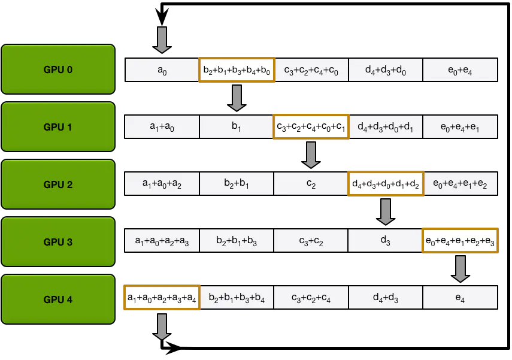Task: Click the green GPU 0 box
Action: pos(58,69)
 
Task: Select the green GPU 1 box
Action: pos(58,127)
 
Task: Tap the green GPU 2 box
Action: pos(58,184)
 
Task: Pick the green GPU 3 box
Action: pos(58,241)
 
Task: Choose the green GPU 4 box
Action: pos(58,299)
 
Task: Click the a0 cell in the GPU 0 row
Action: pos(162,70)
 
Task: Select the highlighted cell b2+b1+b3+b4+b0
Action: pos(237,70)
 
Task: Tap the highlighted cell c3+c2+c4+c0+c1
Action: pos(311,127)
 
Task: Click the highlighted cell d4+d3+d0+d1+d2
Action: pos(386,184)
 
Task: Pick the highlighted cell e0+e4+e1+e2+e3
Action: pos(460,241)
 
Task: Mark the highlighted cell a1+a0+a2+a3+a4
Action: pos(162,298)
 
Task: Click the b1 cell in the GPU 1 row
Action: pos(237,127)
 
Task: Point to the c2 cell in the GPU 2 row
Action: pos(311,184)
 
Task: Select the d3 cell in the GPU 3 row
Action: pos(386,241)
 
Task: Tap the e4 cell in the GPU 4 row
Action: pos(460,298)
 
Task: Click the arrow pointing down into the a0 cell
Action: pos(162,40)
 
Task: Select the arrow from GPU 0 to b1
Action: pos(237,97)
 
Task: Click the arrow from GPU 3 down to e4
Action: pos(460,268)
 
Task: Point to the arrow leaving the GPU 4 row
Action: pos(162,327)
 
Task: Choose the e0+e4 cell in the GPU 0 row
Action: pos(460,70)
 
